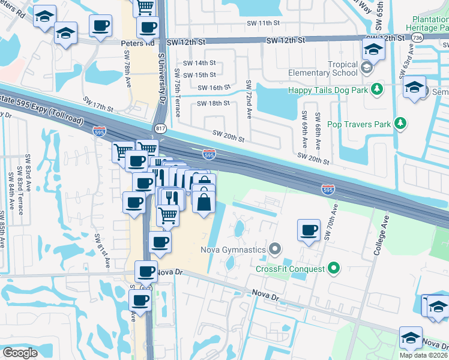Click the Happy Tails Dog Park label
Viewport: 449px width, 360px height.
click(x=328, y=90)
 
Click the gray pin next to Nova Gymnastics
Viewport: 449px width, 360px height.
click(x=275, y=248)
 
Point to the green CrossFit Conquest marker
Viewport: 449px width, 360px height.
click(x=334, y=269)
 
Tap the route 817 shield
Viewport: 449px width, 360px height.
click(x=160, y=128)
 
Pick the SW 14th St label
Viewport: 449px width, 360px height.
click(x=199, y=63)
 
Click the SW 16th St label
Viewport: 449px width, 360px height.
click(x=215, y=87)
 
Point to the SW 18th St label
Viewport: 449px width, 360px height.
click(x=214, y=103)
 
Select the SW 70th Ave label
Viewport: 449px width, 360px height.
click(x=328, y=220)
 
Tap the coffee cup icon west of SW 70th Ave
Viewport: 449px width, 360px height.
click(x=309, y=230)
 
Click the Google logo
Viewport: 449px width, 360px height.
click(x=20, y=353)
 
